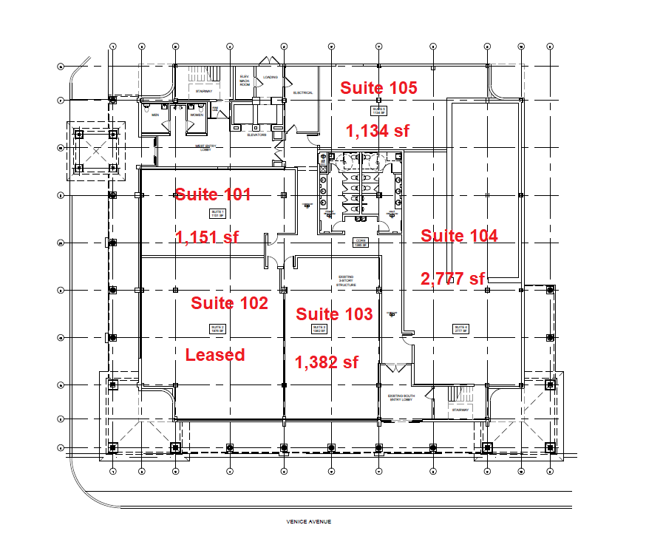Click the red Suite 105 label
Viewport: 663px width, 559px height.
378,88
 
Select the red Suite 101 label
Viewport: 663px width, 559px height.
213,194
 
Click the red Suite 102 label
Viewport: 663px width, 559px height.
229,303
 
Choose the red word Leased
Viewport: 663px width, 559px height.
214,355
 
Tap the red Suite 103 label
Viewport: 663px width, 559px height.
334,314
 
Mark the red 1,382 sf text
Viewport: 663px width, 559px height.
327,362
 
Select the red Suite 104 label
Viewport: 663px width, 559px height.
459,236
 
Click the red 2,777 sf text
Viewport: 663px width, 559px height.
453,279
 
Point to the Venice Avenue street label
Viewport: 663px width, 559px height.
309,522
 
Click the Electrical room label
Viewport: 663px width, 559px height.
303,93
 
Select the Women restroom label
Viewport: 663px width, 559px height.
197,115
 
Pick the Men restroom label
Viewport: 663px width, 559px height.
156,115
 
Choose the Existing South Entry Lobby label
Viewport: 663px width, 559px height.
402,397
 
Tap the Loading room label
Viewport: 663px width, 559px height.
270,77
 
